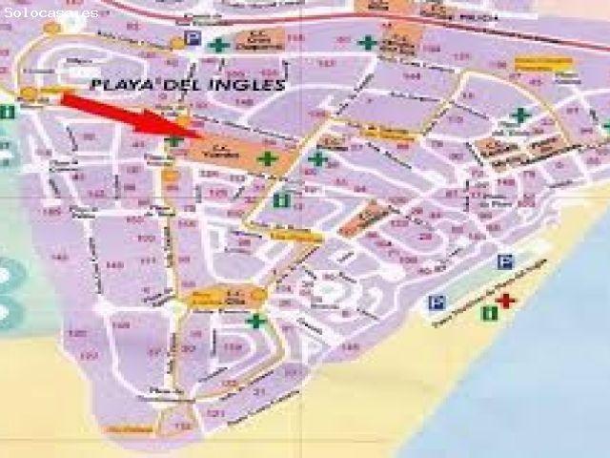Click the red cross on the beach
505,302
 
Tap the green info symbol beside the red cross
489,312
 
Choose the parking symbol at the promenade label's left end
437,302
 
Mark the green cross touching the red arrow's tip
174,141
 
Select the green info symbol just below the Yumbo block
280,200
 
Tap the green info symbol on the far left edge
9,112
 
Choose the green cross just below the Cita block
255,321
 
